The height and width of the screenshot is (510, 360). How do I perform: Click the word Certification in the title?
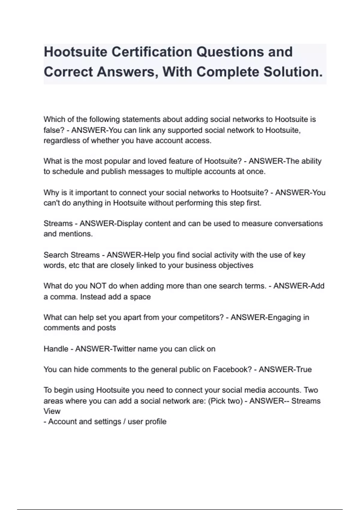coord(151,52)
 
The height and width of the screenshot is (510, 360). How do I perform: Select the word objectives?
coord(235,265)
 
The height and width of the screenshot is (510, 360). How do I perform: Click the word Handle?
coord(56,349)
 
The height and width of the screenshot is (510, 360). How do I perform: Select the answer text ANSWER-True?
coord(285,369)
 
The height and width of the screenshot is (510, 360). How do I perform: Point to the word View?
coord(52,411)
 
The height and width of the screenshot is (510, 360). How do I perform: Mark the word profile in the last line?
coord(155,421)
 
